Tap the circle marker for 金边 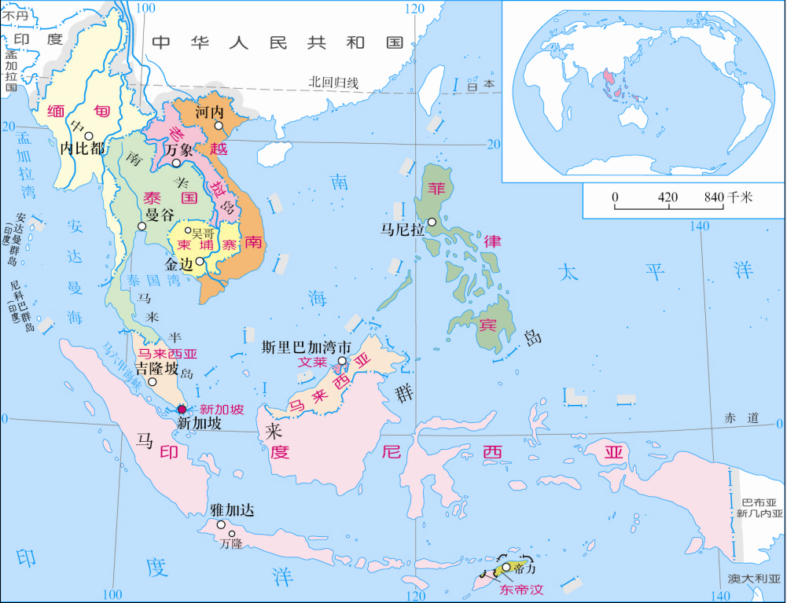coord(200,262)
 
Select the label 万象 coord(179,149)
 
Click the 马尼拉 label coord(403,230)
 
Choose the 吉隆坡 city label coord(157,369)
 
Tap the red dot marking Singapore coord(182,409)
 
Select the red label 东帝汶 coord(523,589)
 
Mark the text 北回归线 coord(333,82)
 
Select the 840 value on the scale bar coord(714,197)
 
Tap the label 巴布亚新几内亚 coord(760,508)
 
